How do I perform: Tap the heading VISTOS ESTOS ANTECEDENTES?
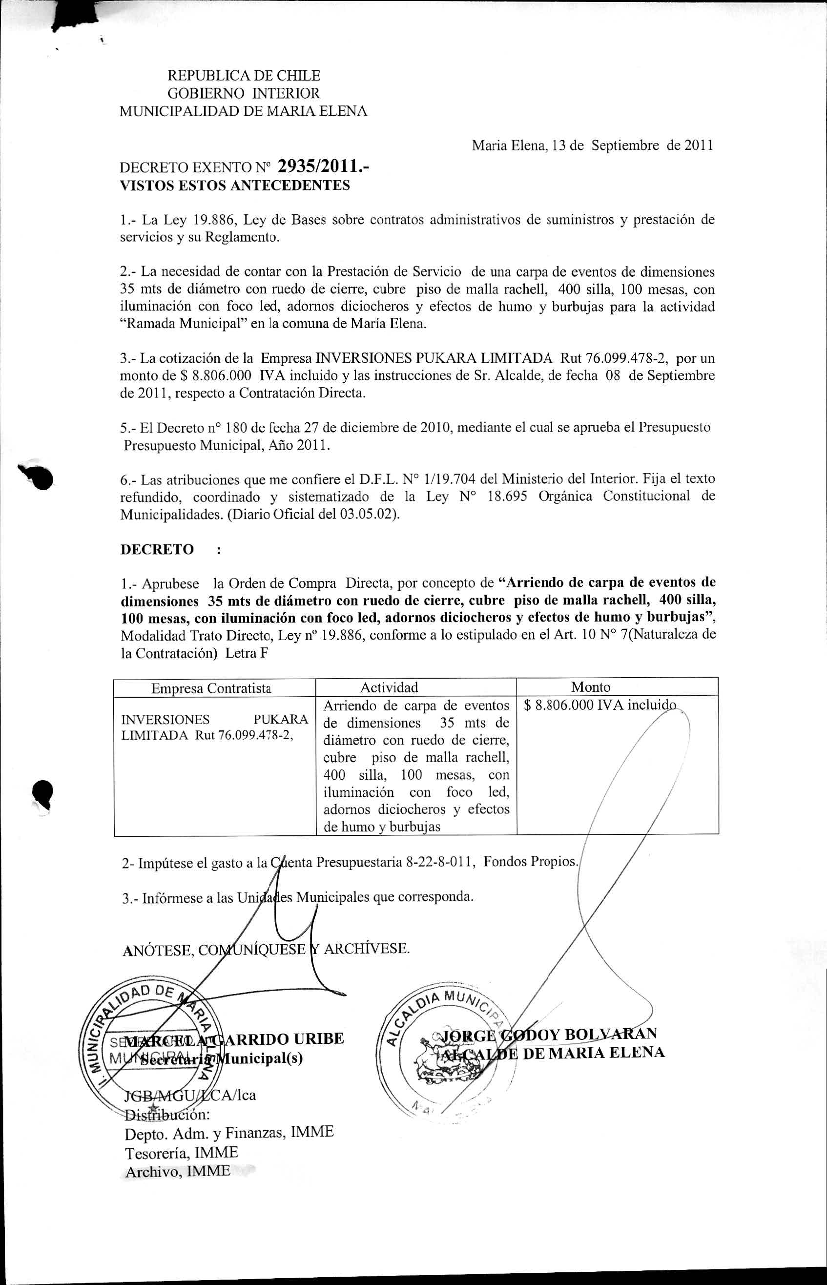click(x=235, y=186)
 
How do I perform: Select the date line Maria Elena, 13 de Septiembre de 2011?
click(x=592, y=145)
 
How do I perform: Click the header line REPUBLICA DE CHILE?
click(x=244, y=76)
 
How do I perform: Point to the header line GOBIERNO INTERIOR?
click(x=244, y=93)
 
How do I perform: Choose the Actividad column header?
click(x=389, y=687)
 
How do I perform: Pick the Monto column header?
click(x=591, y=687)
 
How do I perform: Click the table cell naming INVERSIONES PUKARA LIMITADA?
click(x=215, y=727)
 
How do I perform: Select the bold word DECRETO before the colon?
click(x=157, y=550)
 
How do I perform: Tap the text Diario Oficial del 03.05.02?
click(x=312, y=515)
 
